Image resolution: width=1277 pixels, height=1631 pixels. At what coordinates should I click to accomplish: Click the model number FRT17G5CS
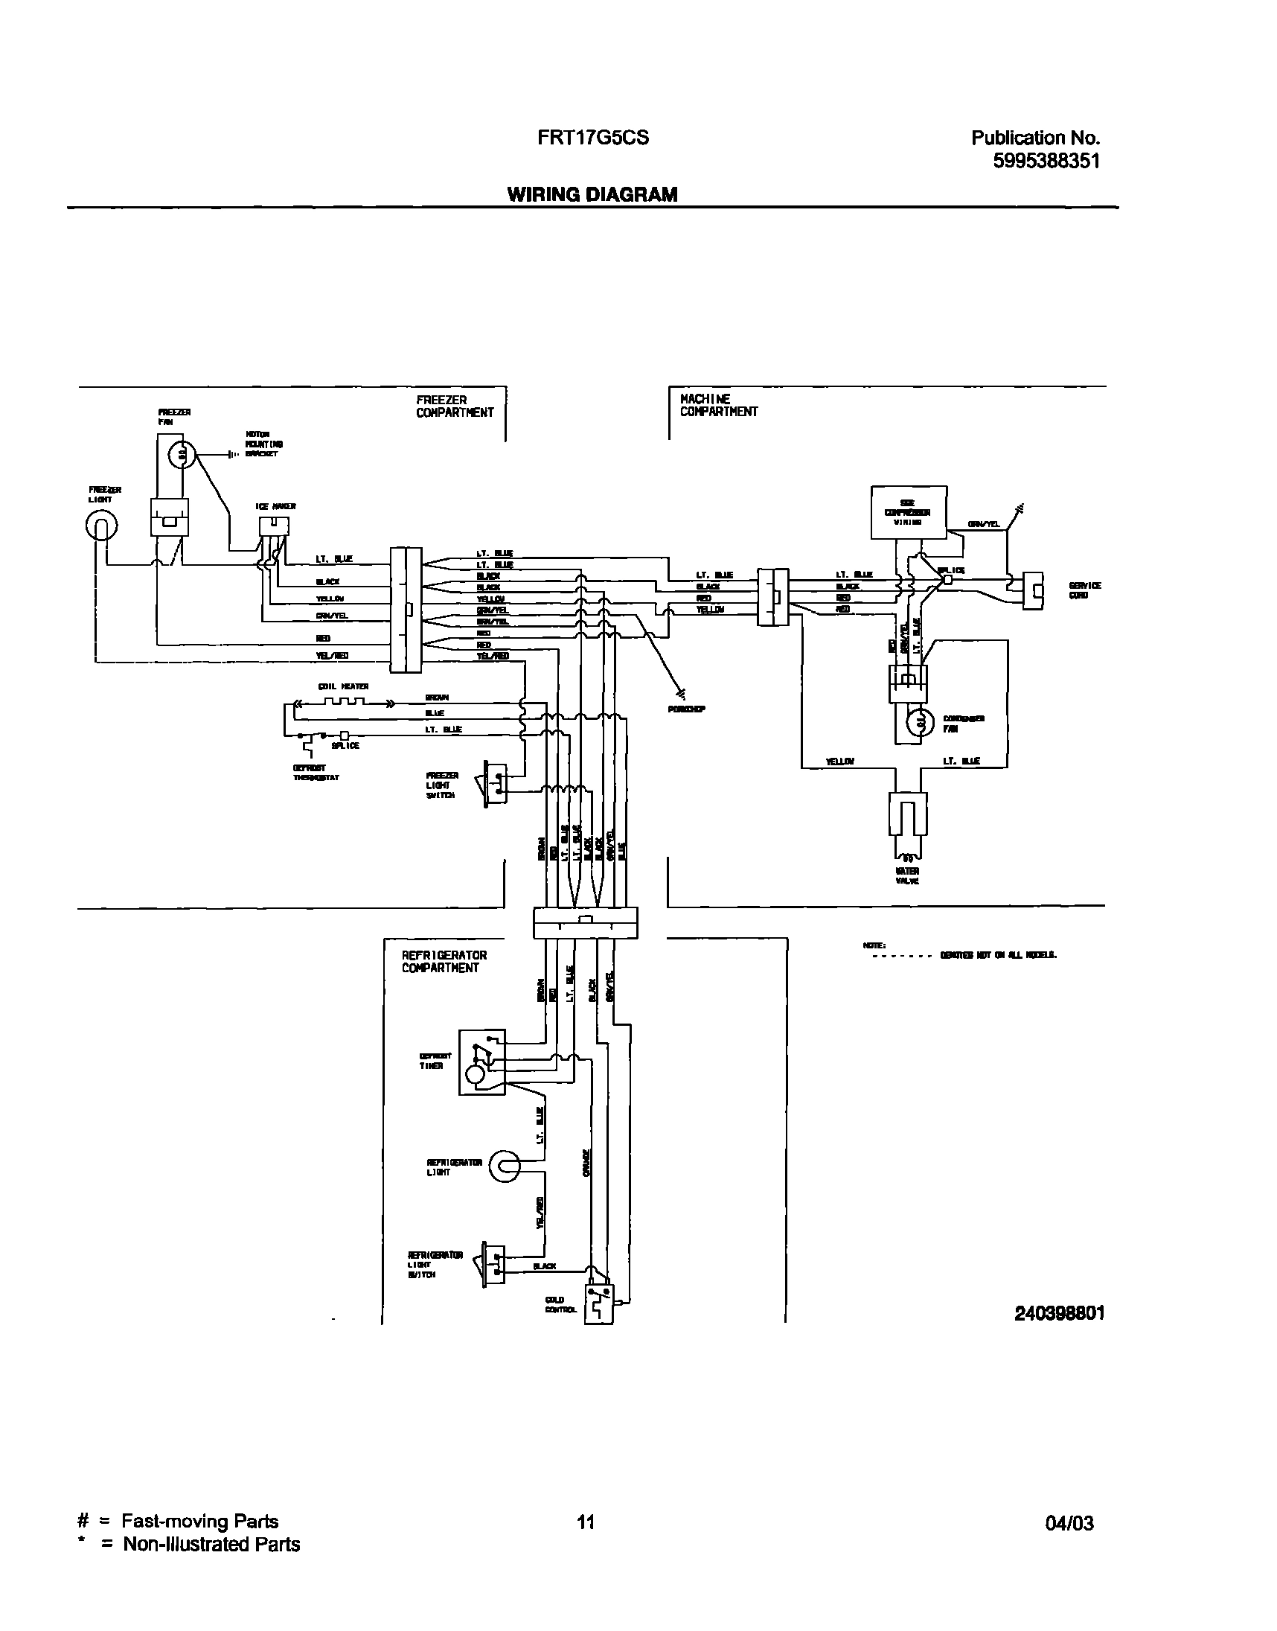(592, 138)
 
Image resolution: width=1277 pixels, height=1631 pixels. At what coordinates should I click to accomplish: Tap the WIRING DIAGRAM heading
(592, 194)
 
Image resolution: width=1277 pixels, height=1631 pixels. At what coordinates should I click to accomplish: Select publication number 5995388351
(1046, 161)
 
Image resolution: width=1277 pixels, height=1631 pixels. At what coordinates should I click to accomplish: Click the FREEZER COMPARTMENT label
(455, 406)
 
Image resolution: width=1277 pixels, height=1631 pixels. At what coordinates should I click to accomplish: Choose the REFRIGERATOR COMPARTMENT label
(444, 961)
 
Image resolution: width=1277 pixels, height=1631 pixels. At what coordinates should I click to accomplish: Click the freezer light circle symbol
(102, 526)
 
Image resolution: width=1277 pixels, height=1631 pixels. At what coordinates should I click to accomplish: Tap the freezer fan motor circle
(182, 453)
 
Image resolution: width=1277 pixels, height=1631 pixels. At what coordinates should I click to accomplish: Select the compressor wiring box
(909, 512)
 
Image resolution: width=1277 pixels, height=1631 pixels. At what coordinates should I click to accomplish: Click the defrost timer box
(481, 1063)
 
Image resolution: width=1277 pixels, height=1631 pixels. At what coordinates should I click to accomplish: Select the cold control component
(599, 1305)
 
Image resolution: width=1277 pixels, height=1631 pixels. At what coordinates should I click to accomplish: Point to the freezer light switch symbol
(494, 784)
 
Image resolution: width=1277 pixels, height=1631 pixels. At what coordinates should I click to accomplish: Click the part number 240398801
(1059, 1313)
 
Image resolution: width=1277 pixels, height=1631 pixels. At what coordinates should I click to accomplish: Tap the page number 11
(586, 1521)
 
